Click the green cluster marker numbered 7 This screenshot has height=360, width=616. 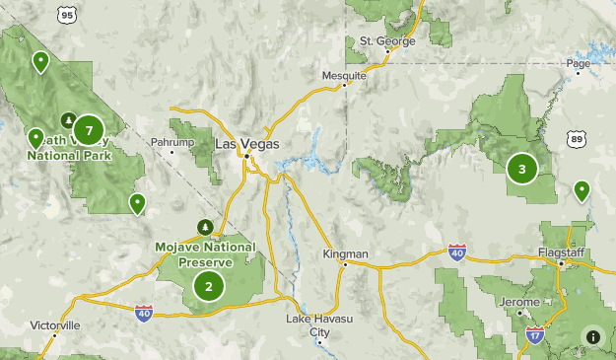[89, 130]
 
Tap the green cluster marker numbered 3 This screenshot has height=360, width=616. [522, 169]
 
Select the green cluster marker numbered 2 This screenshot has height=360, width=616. [209, 287]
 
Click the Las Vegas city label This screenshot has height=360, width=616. [247, 144]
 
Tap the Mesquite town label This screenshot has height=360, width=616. [344, 75]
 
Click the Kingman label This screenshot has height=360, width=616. [345, 254]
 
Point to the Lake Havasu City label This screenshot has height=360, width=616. [319, 325]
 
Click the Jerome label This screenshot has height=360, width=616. [518, 302]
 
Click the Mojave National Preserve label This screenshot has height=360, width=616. [205, 254]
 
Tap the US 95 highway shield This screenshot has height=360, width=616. [67, 14]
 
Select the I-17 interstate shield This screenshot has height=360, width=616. [534, 334]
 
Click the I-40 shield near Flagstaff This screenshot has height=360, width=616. [456, 252]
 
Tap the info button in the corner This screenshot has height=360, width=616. [593, 336]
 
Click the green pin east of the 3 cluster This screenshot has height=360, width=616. [582, 189]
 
